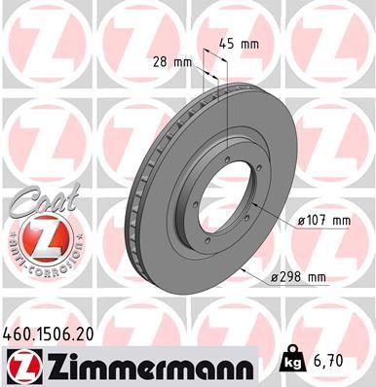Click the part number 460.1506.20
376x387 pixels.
[x=56, y=333]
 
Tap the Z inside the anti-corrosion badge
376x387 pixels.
[x=36, y=244]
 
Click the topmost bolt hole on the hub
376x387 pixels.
[x=225, y=142]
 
